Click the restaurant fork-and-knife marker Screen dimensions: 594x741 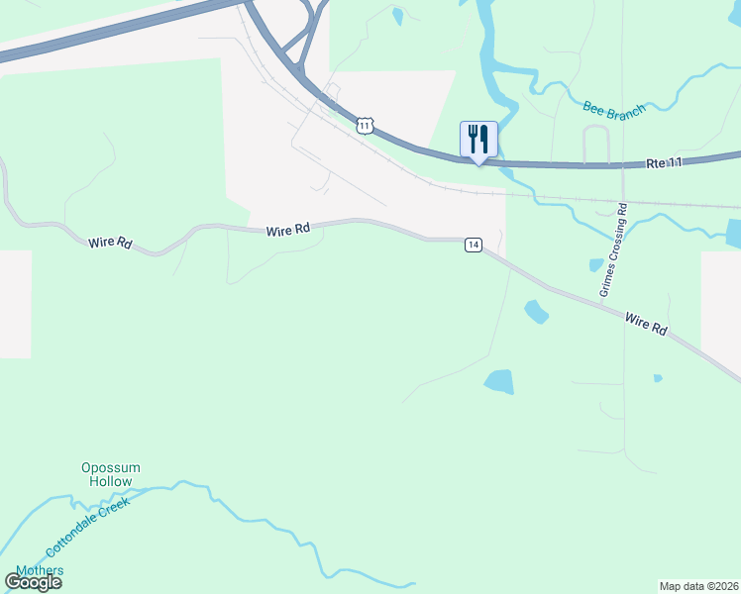(x=478, y=138)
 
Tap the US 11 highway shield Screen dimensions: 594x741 (x=366, y=125)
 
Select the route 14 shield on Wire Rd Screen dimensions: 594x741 (x=474, y=245)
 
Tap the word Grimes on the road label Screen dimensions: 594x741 (x=607, y=280)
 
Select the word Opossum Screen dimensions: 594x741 (x=111, y=467)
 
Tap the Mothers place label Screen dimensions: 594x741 (x=40, y=570)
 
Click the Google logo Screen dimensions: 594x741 (x=33, y=582)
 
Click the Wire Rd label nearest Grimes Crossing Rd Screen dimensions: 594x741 (x=646, y=324)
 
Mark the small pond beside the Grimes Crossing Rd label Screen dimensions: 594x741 (x=595, y=265)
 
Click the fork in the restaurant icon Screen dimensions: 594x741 (x=473, y=136)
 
